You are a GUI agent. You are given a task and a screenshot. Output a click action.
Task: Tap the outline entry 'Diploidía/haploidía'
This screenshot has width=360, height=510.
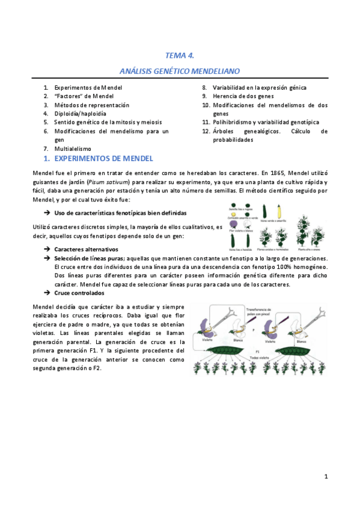[x=80, y=113]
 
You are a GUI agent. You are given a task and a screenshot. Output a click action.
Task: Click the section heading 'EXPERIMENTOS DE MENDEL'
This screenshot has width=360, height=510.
[x=103, y=159]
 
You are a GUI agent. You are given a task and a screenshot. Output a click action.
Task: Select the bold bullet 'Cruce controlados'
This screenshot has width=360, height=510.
[x=79, y=293]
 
